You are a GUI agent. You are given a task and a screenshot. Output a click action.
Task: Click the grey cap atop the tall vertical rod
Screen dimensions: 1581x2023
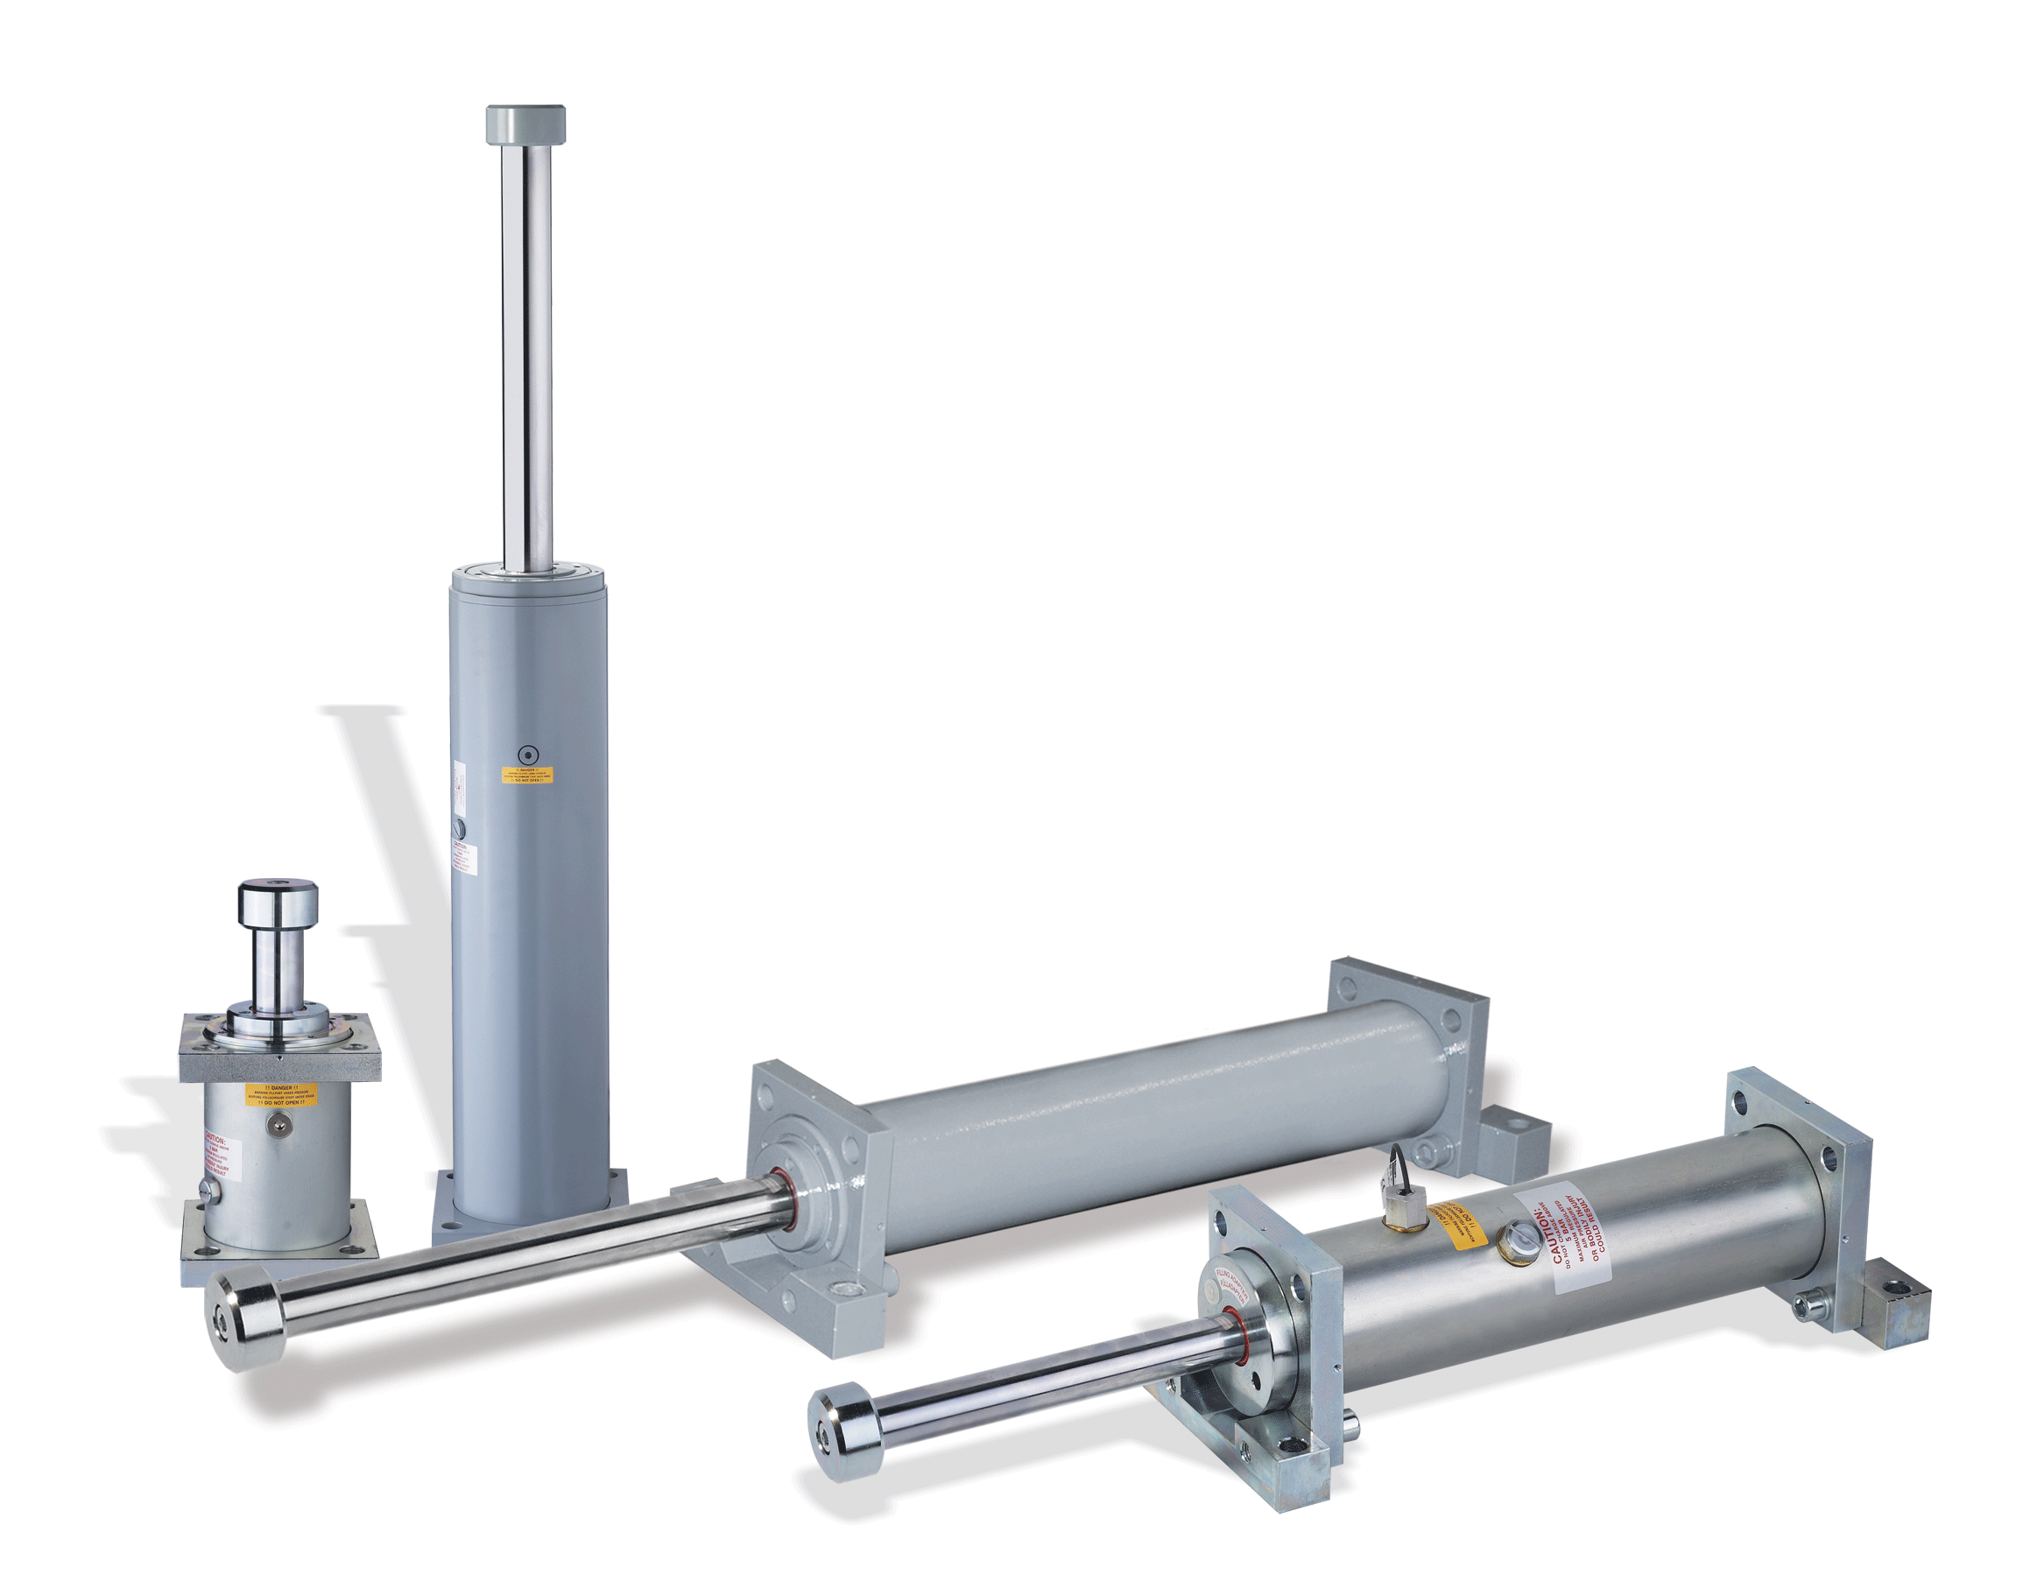pyautogui.click(x=525, y=125)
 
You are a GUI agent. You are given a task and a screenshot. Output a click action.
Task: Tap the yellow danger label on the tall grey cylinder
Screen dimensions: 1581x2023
pyautogui.click(x=527, y=774)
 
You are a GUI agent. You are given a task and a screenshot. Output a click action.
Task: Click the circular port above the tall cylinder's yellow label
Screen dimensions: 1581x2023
pyautogui.click(x=528, y=753)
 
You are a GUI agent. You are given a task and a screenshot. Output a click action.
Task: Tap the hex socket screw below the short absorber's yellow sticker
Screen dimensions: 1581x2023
pyautogui.click(x=275, y=1124)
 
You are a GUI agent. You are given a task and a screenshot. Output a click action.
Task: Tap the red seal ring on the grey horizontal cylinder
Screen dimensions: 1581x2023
pyautogui.click(x=785, y=1199)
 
